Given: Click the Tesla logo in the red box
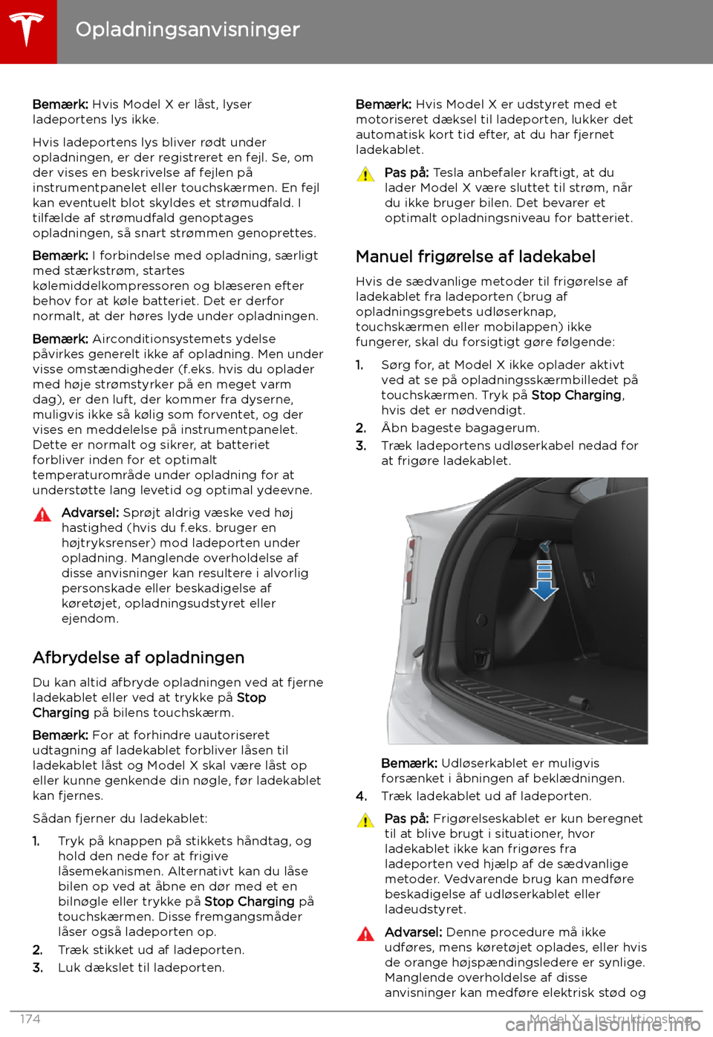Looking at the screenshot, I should pyautogui.click(x=27, y=30).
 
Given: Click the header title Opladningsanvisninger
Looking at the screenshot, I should pyautogui.click(x=187, y=30).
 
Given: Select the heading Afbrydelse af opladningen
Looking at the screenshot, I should pyautogui.click(x=138, y=657).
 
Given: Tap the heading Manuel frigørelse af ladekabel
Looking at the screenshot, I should pyautogui.click(x=475, y=256).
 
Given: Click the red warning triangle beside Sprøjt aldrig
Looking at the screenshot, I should pyautogui.click(x=42, y=514).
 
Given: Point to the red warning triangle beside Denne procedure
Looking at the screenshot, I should pyautogui.click(x=365, y=934).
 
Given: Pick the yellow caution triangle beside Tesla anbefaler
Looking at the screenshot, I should pyautogui.click(x=365, y=175).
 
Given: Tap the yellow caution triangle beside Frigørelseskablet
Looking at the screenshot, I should pyautogui.click(x=365, y=820).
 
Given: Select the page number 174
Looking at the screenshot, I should pyautogui.click(x=30, y=1019).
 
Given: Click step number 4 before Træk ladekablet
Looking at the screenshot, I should pyautogui.click(x=361, y=796).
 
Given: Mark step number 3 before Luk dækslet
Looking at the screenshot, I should pyautogui.click(x=38, y=968).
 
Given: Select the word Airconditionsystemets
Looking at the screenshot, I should pyautogui.click(x=183, y=339).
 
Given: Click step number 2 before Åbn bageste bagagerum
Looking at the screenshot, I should pyautogui.click(x=361, y=428).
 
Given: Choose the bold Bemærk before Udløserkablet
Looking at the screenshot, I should pyautogui.click(x=408, y=763).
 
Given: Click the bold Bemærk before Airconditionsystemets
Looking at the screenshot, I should pyautogui.click(x=60, y=339).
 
